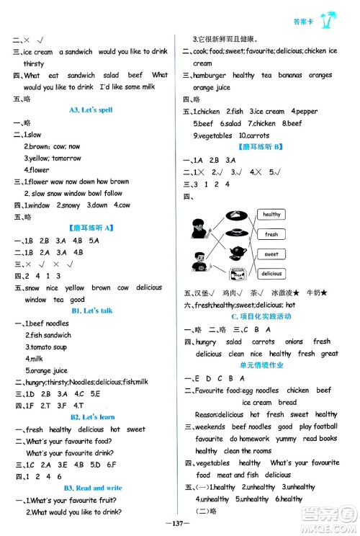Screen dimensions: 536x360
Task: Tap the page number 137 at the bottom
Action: (179, 524)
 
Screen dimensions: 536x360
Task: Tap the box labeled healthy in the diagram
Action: (271, 215)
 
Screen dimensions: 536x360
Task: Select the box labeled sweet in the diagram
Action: (271, 254)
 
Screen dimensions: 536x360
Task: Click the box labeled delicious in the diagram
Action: (271, 274)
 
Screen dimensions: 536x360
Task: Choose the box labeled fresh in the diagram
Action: (271, 234)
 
